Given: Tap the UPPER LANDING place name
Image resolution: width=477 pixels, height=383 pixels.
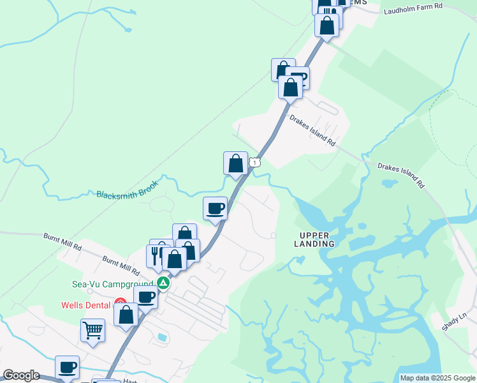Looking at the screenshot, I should tap(315, 239).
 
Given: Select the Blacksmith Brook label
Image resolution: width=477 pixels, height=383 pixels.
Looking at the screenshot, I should tap(126, 193).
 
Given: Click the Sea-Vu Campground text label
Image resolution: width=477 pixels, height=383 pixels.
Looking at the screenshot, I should tap(121, 283).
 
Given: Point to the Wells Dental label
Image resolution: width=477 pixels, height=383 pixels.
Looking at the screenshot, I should tap(85, 305).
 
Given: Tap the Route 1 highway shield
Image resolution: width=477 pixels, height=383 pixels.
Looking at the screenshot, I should tap(255, 163).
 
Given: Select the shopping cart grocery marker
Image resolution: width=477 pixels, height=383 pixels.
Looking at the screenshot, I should tap(93, 331).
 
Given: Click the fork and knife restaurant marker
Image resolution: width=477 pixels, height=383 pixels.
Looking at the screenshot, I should tap(156, 254).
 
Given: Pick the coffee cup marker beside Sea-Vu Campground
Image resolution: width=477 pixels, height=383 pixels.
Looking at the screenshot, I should tap(146, 297).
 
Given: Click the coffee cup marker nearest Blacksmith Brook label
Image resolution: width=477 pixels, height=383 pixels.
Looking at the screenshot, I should tap(215, 208).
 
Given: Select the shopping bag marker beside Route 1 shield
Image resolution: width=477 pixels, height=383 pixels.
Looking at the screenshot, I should tap(235, 163).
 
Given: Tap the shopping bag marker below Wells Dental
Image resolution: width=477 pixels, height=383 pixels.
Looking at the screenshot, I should tap(126, 314).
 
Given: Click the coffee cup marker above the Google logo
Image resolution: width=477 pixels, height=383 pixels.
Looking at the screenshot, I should tap(67, 366).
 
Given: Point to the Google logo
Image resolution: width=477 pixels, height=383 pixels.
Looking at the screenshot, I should tap(21, 375).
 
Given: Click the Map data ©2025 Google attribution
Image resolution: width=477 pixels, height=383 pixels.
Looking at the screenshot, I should tap(437, 378).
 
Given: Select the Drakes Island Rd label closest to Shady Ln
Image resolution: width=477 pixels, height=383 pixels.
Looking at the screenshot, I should tap(400, 176).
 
